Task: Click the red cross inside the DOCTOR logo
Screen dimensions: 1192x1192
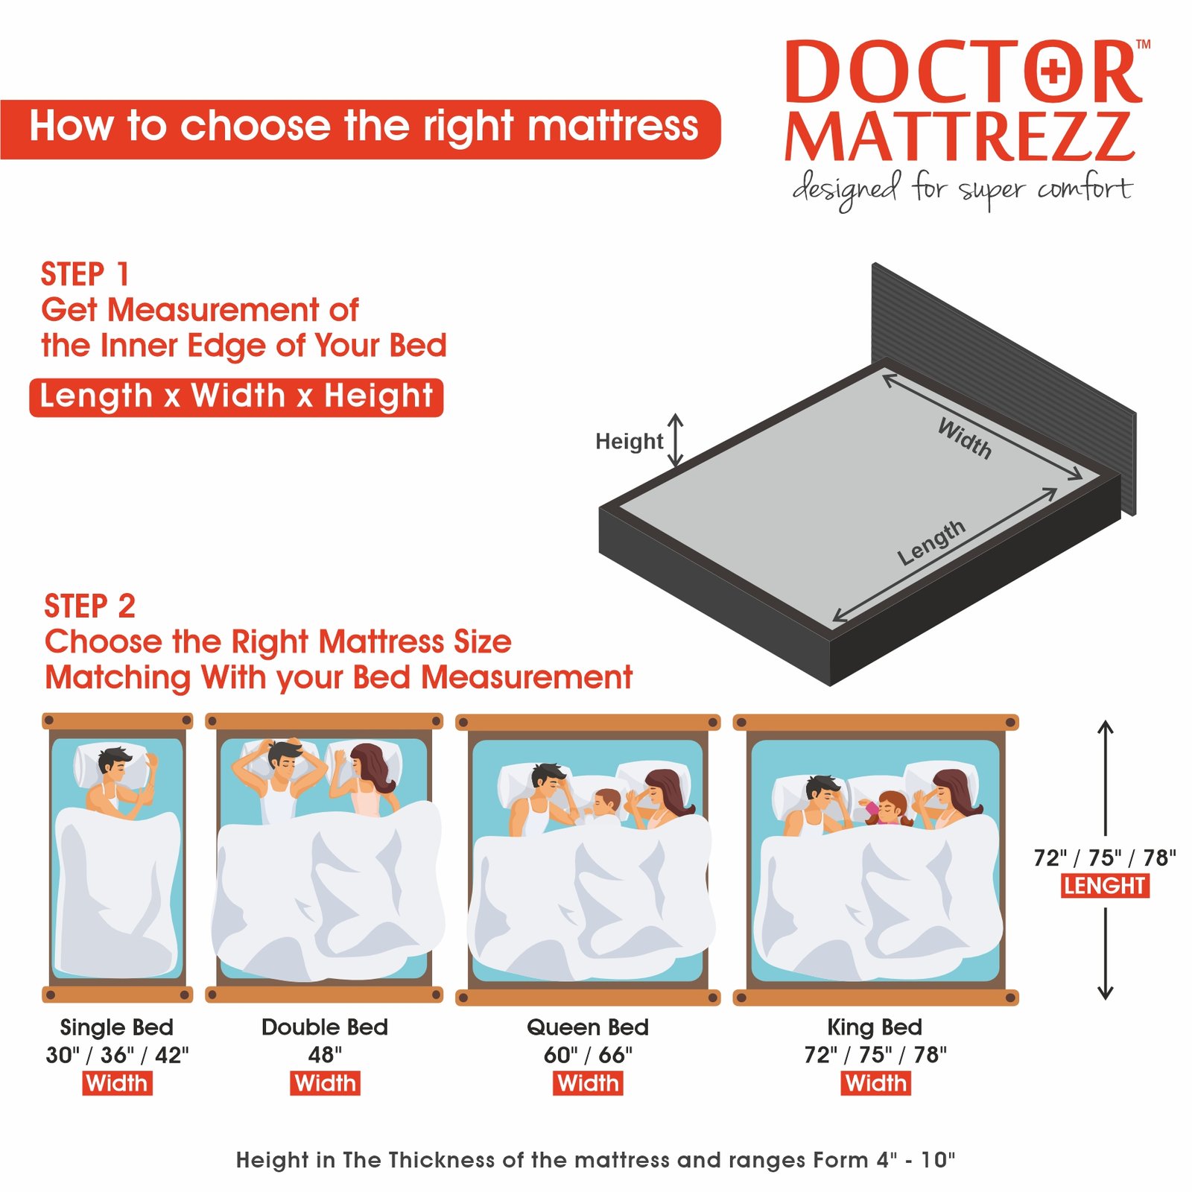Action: (1053, 72)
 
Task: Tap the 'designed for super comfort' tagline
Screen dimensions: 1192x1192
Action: (962, 189)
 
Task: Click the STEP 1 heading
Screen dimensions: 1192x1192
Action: (85, 274)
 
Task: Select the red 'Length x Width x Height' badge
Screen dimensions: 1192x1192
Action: (236, 397)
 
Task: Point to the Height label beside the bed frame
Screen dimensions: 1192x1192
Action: (629, 441)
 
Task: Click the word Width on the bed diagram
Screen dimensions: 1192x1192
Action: (965, 438)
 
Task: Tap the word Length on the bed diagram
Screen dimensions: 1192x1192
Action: (931, 543)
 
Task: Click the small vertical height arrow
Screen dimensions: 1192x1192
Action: (675, 440)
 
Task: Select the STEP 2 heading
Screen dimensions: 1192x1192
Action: (89, 606)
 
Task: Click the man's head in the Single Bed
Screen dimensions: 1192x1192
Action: (114, 763)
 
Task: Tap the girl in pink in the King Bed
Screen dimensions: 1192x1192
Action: (889, 808)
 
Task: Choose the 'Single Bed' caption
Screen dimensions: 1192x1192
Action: (117, 1027)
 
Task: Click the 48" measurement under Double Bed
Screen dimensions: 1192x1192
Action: (325, 1055)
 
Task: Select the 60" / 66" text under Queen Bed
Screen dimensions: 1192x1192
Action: (588, 1055)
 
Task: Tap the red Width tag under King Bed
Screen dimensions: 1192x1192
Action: (876, 1083)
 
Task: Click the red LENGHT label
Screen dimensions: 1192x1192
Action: (1105, 886)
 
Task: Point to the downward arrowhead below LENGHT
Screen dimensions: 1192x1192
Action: (1106, 992)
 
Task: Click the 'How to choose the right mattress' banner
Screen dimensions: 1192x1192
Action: (361, 129)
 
